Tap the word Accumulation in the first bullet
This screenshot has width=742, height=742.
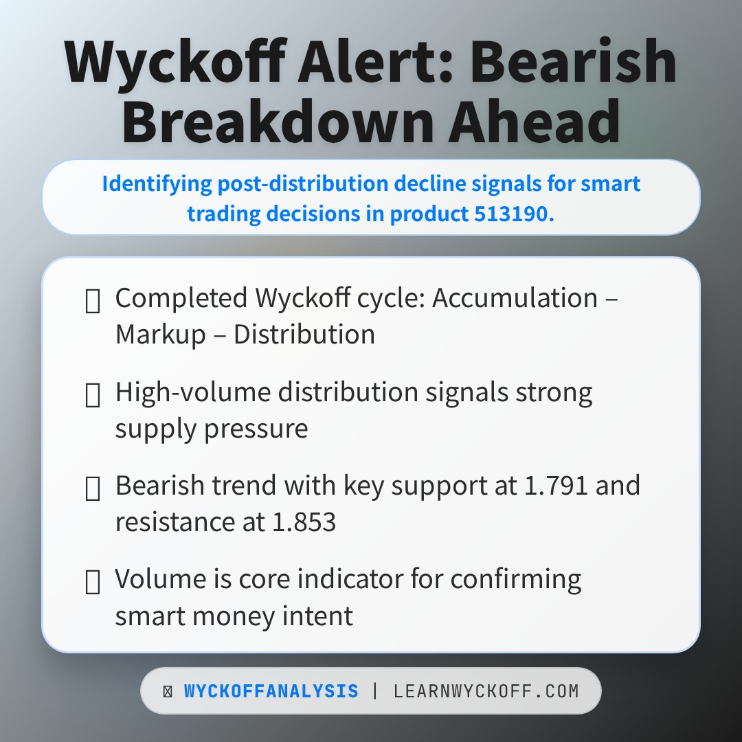point(515,298)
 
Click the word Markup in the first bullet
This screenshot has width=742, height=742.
point(161,335)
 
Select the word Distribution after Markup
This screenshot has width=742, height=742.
point(304,335)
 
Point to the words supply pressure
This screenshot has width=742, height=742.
point(212,429)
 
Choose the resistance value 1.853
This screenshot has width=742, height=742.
point(302,522)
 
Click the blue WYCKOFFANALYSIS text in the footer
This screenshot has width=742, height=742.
point(271,691)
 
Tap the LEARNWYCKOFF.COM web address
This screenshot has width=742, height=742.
point(486,691)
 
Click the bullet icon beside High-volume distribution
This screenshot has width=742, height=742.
point(92,395)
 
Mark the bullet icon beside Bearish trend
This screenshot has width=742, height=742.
point(92,488)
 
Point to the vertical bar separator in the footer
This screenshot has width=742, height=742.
point(375,691)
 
